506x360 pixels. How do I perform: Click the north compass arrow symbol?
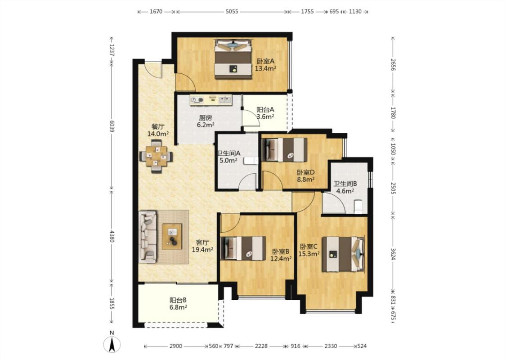[112, 344]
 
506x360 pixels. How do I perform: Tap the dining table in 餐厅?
[156, 156]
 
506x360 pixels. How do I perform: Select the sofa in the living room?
[148, 237]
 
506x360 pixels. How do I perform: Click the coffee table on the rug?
[172, 236]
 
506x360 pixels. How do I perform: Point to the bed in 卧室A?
[233, 59]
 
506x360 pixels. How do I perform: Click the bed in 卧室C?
[344, 254]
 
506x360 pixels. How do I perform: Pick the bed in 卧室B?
[243, 248]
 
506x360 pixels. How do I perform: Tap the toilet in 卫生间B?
[358, 207]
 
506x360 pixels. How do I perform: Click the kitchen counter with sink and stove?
[211, 100]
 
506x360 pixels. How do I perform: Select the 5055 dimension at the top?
[232, 12]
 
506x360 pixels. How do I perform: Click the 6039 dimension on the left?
[112, 126]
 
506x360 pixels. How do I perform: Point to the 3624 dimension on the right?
[393, 254]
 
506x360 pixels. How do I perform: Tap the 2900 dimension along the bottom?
[175, 346]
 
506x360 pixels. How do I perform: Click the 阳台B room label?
[178, 300]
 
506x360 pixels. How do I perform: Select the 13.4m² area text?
[265, 68]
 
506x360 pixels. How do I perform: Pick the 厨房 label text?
[205, 118]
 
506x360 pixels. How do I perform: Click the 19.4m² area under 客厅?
[202, 250]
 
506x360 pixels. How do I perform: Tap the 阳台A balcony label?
[265, 110]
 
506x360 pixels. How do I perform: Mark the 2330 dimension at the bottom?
[331, 346]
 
